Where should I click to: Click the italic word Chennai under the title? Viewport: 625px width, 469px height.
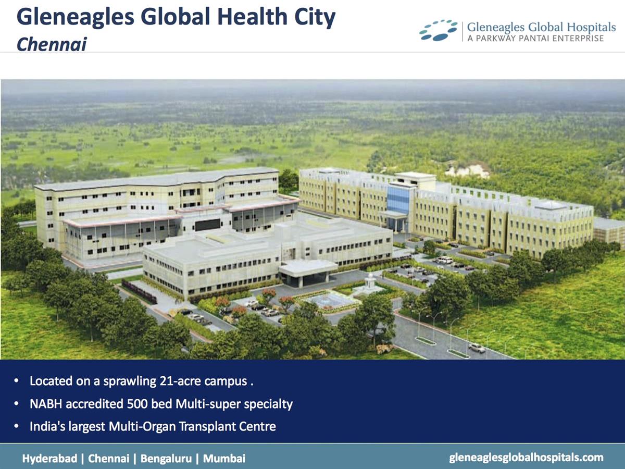click(51, 44)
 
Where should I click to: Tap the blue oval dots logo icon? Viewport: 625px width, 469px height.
click(438, 30)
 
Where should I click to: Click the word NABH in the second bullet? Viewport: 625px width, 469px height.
click(44, 404)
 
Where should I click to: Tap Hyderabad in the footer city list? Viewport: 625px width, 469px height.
click(49, 459)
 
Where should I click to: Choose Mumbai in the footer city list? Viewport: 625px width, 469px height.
click(224, 459)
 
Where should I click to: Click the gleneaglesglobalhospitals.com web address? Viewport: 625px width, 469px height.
click(526, 458)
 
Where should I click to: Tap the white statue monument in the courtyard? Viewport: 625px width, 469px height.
click(371, 284)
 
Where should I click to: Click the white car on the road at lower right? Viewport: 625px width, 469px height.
click(477, 347)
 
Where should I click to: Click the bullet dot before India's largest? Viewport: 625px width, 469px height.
click(17, 427)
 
